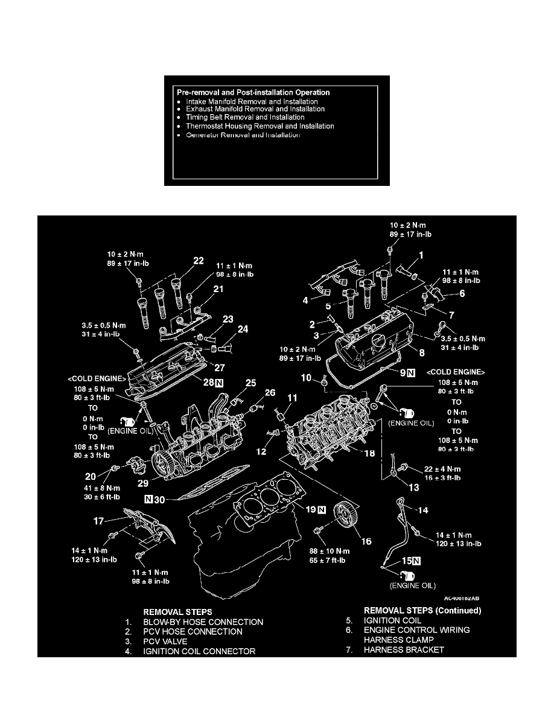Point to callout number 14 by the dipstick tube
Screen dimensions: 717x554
click(423, 510)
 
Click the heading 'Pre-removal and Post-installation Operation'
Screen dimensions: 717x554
click(253, 93)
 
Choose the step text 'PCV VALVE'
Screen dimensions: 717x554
click(171, 641)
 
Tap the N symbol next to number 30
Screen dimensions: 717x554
click(147, 499)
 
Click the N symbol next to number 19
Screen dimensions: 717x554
click(322, 509)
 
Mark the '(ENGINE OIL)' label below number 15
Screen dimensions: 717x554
click(413, 585)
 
